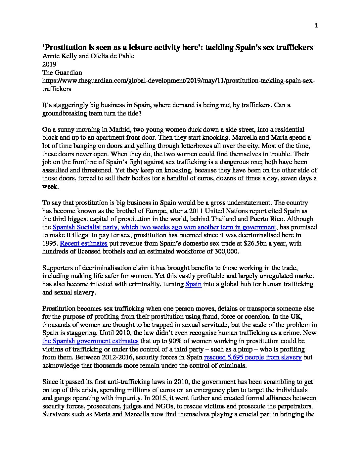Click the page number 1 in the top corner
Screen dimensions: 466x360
point(316,26)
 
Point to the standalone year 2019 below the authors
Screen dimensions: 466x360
point(49,64)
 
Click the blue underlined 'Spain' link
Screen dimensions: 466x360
point(193,284)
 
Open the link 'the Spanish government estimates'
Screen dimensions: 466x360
point(90,341)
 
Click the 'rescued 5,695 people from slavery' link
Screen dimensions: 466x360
point(253,357)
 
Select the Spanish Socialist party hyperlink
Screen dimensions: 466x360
point(164,227)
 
